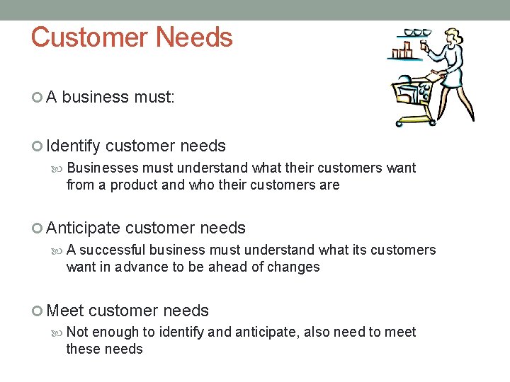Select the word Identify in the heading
point(74,146)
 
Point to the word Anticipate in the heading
point(83,228)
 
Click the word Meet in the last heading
point(65,311)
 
